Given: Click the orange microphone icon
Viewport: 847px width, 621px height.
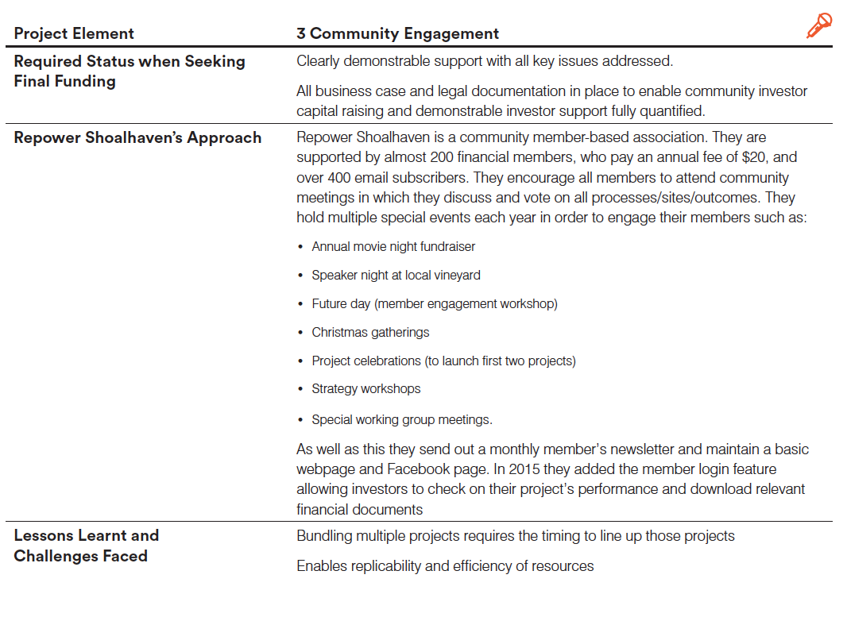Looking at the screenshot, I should click(x=818, y=26).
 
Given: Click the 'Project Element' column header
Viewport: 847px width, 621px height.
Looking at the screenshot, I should click(x=74, y=33).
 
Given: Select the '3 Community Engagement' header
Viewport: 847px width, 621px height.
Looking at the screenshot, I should click(x=397, y=33).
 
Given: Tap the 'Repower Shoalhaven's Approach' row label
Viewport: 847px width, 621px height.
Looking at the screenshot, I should click(x=137, y=137).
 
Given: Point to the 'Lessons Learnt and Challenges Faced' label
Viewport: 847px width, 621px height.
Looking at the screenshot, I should click(x=86, y=546).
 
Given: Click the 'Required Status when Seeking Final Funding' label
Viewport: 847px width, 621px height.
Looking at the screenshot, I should click(x=129, y=71).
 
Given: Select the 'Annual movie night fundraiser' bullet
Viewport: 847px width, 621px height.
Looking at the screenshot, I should click(x=393, y=246).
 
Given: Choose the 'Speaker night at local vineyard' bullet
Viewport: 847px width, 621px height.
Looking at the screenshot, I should click(x=396, y=275).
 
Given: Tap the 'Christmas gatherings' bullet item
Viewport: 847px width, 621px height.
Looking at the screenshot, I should click(x=370, y=332).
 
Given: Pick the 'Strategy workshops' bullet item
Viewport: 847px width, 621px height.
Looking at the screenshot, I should click(x=365, y=388).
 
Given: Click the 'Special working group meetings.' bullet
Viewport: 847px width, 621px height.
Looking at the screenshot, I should click(x=402, y=419).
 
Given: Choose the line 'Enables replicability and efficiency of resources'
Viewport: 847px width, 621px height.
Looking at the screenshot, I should click(x=445, y=566).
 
